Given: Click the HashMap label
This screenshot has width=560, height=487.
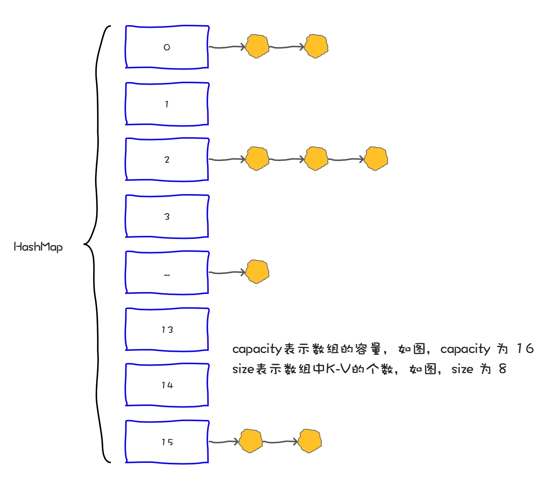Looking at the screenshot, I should point(38,247).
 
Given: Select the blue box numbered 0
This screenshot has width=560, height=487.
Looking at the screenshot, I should point(167,47).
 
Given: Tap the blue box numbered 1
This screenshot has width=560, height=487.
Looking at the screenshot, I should point(167,104).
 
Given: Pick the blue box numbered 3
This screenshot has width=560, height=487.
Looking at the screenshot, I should point(167,216).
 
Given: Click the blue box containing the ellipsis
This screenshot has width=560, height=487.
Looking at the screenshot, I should point(167,273).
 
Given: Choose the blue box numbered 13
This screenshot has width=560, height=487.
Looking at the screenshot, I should point(167,329).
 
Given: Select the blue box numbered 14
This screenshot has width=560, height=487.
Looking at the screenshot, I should point(167,385).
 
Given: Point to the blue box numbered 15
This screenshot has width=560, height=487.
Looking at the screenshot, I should point(167,442).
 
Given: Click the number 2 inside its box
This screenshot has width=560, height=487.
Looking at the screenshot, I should point(167,160).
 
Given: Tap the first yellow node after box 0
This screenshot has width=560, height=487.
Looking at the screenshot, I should point(257,46).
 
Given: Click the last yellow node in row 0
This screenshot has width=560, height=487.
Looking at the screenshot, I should point(316,46).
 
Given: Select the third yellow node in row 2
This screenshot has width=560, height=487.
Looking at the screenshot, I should point(376,158).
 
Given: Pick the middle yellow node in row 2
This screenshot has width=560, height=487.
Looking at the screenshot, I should point(316,158).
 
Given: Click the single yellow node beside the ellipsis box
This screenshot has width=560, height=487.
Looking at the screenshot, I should point(257,272).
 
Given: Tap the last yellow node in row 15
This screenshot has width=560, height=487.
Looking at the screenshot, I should point(310,441).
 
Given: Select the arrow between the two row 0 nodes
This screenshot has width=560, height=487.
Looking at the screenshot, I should point(287,47).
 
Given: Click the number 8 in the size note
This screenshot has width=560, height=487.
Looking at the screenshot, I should point(502,368).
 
